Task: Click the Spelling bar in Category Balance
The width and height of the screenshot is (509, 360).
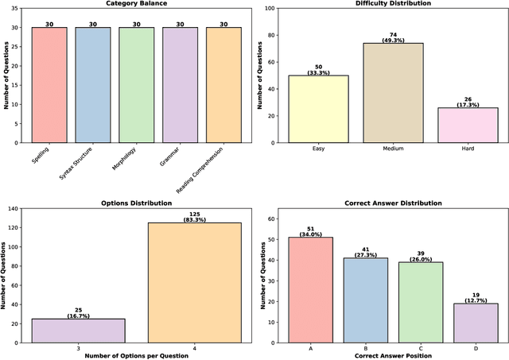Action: tap(49, 85)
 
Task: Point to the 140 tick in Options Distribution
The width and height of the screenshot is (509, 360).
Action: tap(21, 208)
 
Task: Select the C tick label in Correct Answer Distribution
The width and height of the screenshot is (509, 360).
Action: tap(415, 346)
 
